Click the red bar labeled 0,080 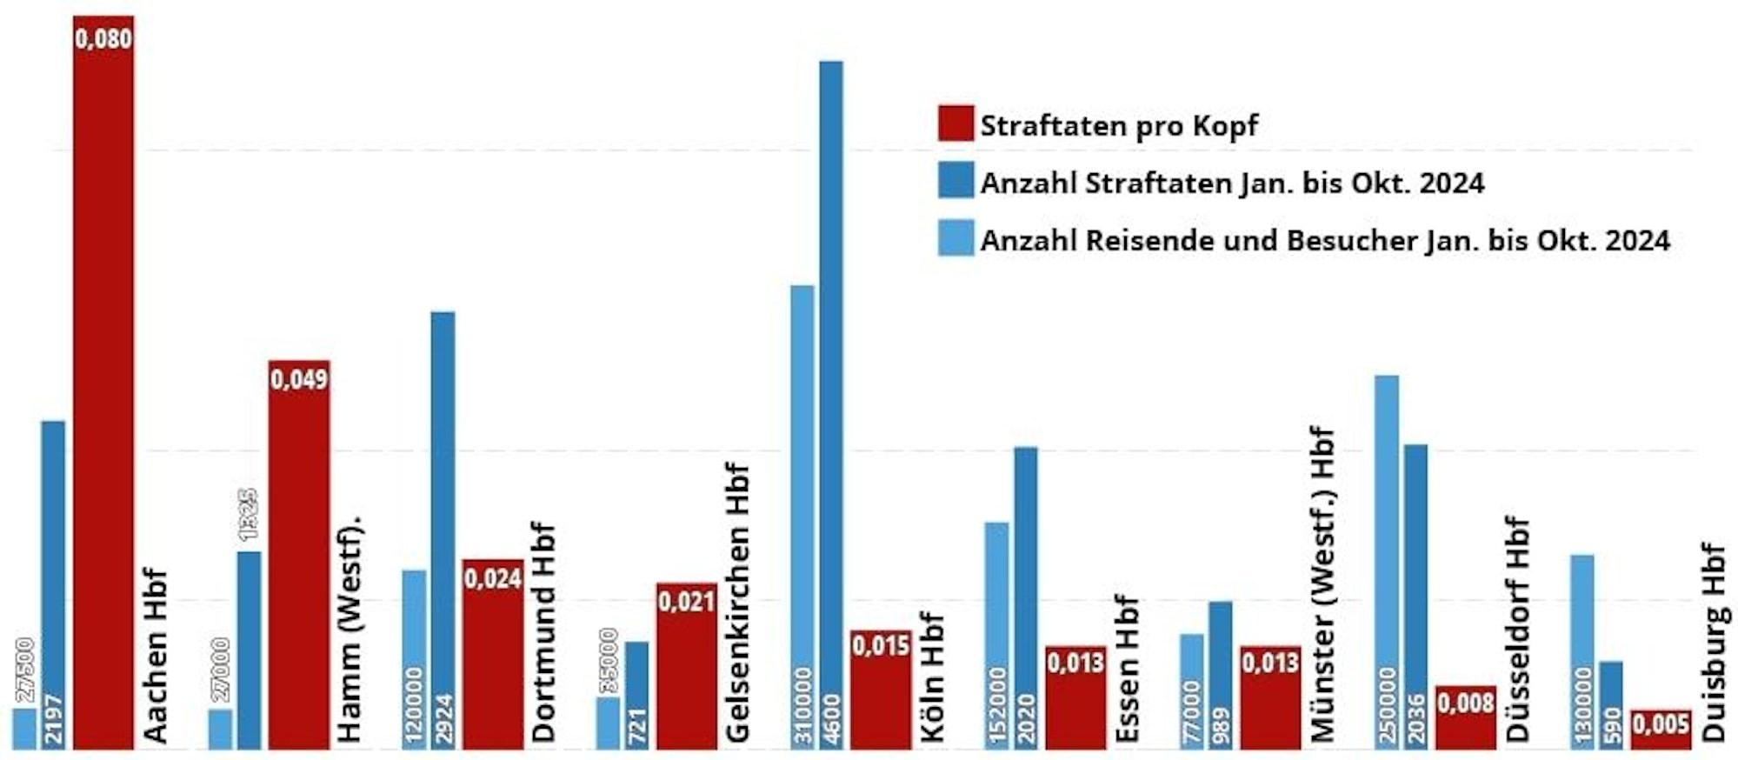pyautogui.click(x=103, y=383)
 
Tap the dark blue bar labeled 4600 pyautogui.click(x=831, y=404)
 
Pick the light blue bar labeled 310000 pyautogui.click(x=802, y=517)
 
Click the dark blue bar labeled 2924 pyautogui.click(x=443, y=530)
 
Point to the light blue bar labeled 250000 pyautogui.click(x=1387, y=562)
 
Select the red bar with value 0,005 pyautogui.click(x=1661, y=730)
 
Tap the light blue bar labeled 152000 pyautogui.click(x=996, y=635)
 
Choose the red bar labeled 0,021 pyautogui.click(x=687, y=666)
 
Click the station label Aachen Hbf pyautogui.click(x=156, y=657)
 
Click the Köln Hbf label pyautogui.click(x=932, y=678)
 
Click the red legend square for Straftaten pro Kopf pyautogui.click(x=956, y=123)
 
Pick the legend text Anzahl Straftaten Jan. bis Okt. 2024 pyautogui.click(x=1232, y=183)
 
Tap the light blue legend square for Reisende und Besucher pyautogui.click(x=956, y=238)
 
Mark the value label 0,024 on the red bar pyautogui.click(x=492, y=579)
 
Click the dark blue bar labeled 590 pyautogui.click(x=1611, y=705)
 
